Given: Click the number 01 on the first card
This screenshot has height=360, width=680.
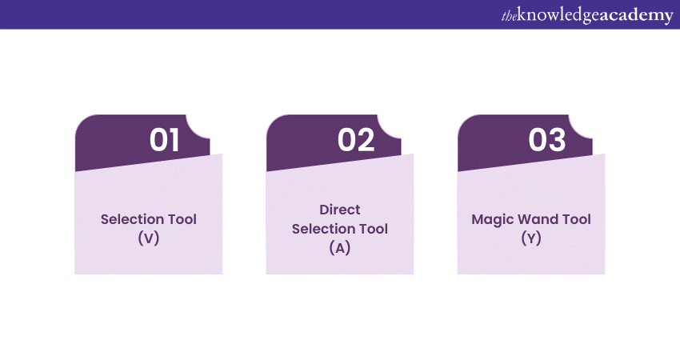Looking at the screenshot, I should (164, 140).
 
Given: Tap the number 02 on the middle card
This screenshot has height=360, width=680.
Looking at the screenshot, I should (356, 140).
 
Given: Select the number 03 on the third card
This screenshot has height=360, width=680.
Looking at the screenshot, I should (547, 140).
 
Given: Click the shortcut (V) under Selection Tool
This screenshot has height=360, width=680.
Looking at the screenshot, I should (149, 238).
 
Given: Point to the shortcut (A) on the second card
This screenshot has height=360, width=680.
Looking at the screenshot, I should (340, 247).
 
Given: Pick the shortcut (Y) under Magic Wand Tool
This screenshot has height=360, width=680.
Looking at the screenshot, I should (531, 238).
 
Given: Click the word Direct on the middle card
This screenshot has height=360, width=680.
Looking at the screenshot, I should (340, 210).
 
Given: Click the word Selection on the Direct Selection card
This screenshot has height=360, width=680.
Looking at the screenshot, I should (322, 229).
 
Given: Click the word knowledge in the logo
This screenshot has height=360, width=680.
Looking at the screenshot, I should (559, 15).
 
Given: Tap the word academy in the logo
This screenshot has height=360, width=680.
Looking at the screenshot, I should (636, 15).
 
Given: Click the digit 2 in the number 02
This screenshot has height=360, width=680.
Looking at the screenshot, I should (366, 140).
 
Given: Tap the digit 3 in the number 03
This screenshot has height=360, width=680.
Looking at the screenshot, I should (558, 140).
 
